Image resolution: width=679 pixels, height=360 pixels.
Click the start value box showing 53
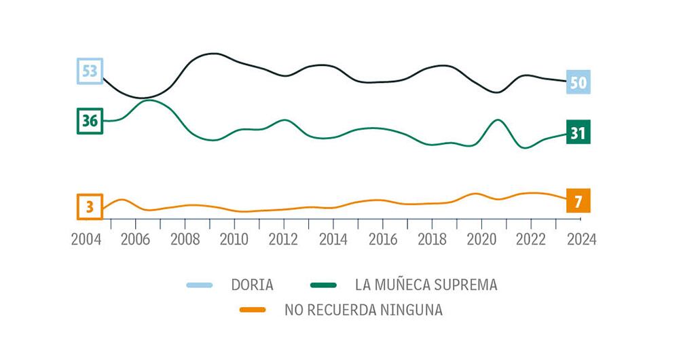tap(89, 71)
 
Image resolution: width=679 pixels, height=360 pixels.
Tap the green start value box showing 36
tap(89, 121)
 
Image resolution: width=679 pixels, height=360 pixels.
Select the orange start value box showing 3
tap(89, 206)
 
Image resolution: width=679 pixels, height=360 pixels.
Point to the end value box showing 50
tap(578, 83)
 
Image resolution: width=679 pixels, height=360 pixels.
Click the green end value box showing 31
tap(578, 132)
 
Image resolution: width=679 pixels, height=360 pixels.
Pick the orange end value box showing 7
tap(578, 201)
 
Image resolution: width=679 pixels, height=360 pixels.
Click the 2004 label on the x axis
tap(86, 240)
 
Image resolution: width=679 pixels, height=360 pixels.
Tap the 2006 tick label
tap(135, 240)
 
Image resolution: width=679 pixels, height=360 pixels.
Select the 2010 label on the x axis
tap(234, 240)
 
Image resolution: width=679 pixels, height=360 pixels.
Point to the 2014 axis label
tap(333, 240)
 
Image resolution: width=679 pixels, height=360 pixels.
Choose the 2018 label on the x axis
tap(432, 240)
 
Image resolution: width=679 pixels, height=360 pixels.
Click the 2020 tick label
tap(481, 240)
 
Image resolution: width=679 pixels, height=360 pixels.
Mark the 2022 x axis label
tap(531, 240)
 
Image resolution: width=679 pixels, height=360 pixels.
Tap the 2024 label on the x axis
tap(580, 240)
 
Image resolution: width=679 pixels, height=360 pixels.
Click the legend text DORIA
tap(252, 285)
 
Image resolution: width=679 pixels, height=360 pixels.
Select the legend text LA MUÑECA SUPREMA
tap(426, 285)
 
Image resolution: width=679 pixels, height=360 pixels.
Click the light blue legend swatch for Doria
tap(200, 285)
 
